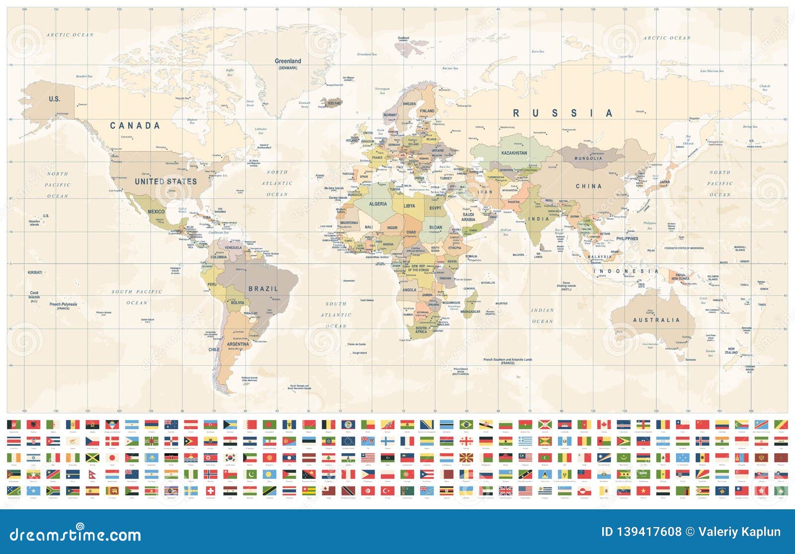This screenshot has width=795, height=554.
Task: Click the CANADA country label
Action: (x=135, y=126)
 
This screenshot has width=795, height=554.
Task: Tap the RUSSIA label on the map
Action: (x=562, y=113)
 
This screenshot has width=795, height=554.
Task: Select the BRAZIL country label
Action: (x=263, y=289)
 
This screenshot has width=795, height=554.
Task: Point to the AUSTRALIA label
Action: (x=656, y=320)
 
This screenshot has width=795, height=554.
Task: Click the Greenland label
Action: (x=288, y=62)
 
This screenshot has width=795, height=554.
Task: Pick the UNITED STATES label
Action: (x=166, y=182)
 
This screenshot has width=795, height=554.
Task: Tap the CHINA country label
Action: (x=588, y=186)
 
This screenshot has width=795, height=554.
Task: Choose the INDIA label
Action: (x=539, y=219)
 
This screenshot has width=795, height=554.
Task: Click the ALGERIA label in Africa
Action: (x=378, y=204)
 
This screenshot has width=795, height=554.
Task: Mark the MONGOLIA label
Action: (x=588, y=158)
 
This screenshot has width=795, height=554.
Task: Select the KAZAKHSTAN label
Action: (x=514, y=153)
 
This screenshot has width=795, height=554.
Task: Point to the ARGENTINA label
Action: (x=238, y=344)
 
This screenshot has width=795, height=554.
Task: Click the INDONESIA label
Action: (x=628, y=271)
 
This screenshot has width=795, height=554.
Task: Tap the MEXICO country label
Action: (x=156, y=212)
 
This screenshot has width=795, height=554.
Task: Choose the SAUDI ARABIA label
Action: (x=468, y=217)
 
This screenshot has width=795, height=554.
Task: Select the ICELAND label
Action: (x=334, y=103)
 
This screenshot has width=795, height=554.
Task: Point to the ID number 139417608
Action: (x=641, y=532)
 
